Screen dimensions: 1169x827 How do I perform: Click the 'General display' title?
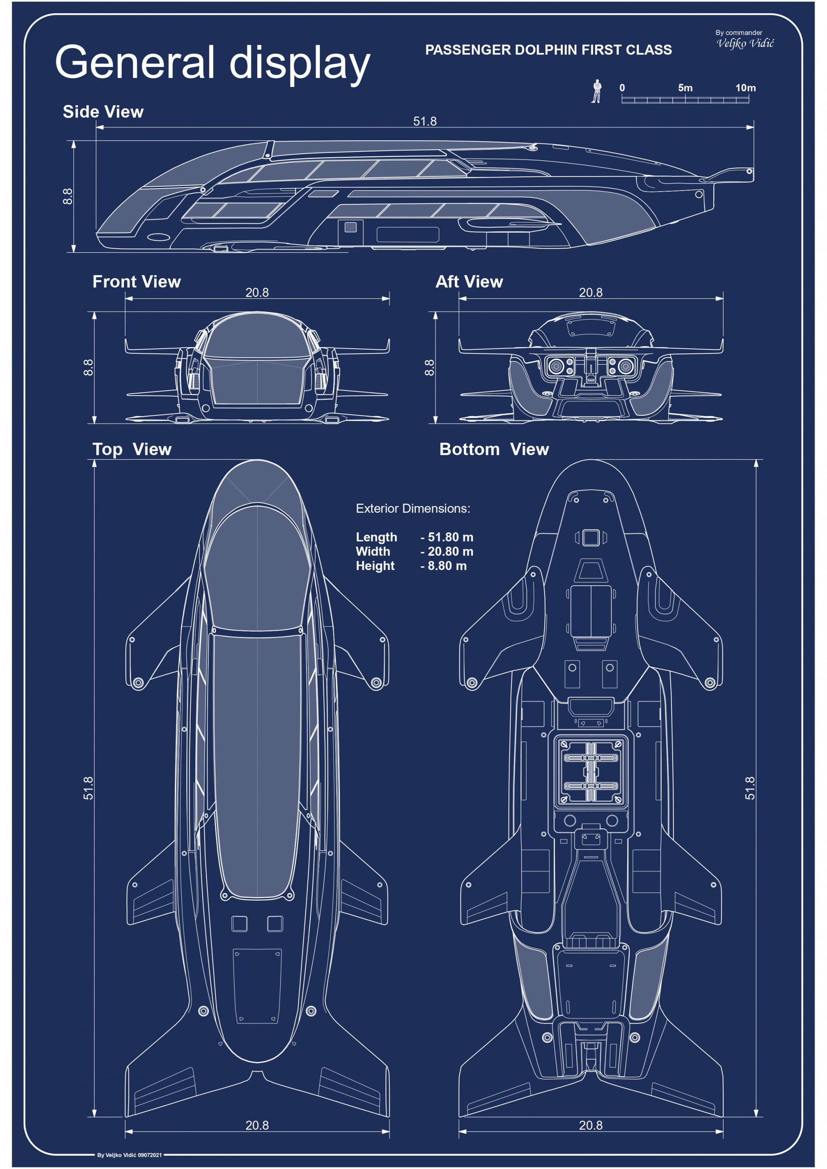tap(212, 63)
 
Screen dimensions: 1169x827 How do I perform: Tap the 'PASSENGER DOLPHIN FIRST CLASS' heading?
tap(548, 50)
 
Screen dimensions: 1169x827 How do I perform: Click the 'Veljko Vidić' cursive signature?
tap(745, 43)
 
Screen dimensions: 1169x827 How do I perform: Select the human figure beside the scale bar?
tap(596, 91)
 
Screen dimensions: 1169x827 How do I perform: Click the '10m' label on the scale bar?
tap(745, 88)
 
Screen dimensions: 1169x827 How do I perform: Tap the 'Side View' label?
tap(103, 111)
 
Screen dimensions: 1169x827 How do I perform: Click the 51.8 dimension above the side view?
tap(425, 121)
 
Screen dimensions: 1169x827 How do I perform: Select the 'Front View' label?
tap(136, 282)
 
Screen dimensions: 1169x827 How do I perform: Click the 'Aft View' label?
tap(469, 282)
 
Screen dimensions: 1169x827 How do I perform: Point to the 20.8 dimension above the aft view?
tap(591, 292)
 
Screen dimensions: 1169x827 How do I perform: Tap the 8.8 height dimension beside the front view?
tap(88, 367)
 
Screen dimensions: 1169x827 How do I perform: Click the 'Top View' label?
tap(132, 449)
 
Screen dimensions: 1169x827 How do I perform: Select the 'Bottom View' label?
tap(494, 449)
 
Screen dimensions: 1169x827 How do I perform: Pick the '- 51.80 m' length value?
tap(447, 537)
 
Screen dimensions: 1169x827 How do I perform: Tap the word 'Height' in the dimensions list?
tap(375, 566)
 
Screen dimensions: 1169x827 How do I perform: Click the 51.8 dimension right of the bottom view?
tap(750, 788)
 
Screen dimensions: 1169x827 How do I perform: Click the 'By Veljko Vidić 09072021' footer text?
tap(129, 1155)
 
